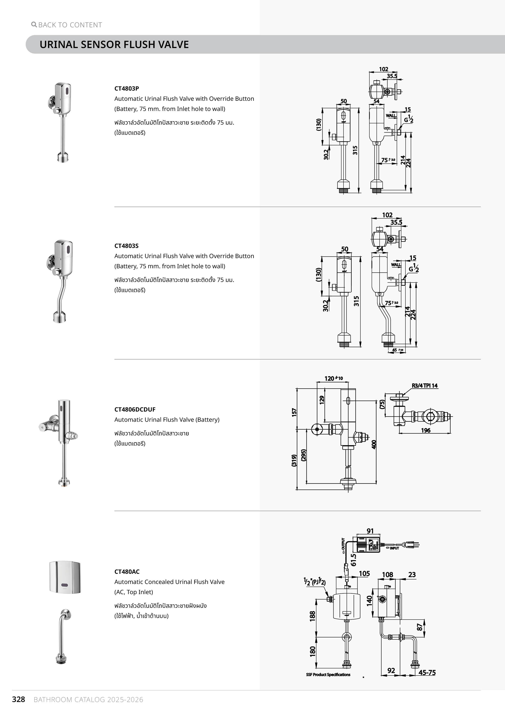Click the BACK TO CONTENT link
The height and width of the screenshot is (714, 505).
pyautogui.click(x=70, y=25)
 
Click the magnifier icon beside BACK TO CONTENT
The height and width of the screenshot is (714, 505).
pyautogui.click(x=34, y=24)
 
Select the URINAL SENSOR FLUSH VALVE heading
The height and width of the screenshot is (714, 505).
pyautogui.click(x=114, y=44)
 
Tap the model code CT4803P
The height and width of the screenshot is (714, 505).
pyautogui.click(x=126, y=88)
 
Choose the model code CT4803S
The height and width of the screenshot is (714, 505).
pyautogui.click(x=126, y=246)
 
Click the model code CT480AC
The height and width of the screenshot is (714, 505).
pyautogui.click(x=127, y=572)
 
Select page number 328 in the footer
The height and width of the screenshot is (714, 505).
pyautogui.click(x=18, y=699)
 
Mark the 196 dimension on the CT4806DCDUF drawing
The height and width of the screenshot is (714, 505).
pyautogui.click(x=426, y=430)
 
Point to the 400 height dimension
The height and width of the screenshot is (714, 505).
pyautogui.click(x=374, y=444)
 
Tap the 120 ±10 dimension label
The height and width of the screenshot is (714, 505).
pyautogui.click(x=333, y=378)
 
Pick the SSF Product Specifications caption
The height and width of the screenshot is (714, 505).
pyautogui.click(x=328, y=675)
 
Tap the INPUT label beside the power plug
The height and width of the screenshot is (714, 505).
pyautogui.click(x=394, y=548)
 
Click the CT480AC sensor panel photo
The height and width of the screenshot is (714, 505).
pyautogui.click(x=65, y=577)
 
